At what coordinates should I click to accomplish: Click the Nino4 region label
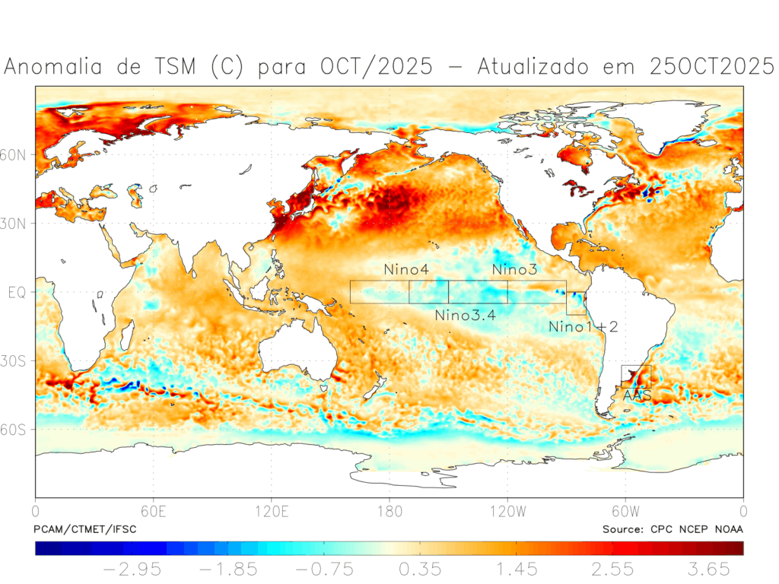(x=405, y=270)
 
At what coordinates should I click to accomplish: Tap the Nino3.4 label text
(x=465, y=315)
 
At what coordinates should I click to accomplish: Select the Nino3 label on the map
(x=515, y=270)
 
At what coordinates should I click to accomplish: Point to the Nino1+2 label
(x=583, y=327)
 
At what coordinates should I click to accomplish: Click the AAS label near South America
(x=636, y=395)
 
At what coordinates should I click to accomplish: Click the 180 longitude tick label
(x=389, y=510)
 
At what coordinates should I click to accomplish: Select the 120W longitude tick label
(x=507, y=510)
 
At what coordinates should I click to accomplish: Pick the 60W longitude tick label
(x=625, y=510)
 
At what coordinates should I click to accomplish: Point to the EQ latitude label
(x=17, y=292)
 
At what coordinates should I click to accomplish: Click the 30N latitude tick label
(x=17, y=224)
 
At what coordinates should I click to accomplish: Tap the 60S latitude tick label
(x=17, y=430)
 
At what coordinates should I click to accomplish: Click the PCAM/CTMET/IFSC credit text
(x=85, y=528)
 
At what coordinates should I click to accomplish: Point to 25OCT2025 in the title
(x=712, y=67)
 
